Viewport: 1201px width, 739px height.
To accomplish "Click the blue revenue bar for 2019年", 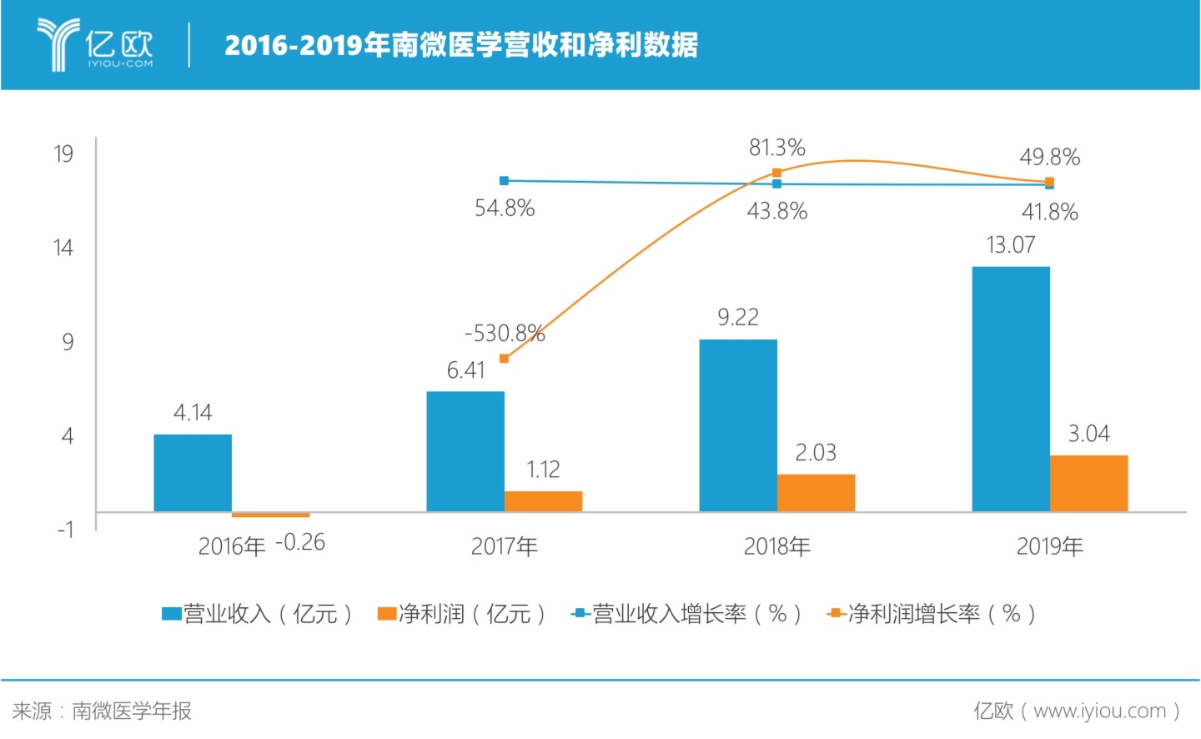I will click(x=1010, y=389).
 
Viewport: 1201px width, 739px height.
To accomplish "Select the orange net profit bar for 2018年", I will click(x=816, y=493).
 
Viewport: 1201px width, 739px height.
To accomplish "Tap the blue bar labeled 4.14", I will click(x=193, y=473).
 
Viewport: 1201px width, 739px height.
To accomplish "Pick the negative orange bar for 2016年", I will click(x=270, y=515).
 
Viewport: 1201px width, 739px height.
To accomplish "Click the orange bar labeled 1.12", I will click(x=543, y=501).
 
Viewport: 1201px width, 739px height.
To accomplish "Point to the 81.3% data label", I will click(x=776, y=148).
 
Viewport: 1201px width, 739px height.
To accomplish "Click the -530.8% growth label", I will click(x=504, y=334).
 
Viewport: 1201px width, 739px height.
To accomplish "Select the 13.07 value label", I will click(x=1010, y=245).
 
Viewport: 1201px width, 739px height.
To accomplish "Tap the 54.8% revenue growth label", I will click(x=504, y=208).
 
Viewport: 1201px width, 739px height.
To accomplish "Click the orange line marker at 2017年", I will click(x=504, y=359).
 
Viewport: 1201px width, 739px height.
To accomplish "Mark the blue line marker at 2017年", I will click(x=504, y=180).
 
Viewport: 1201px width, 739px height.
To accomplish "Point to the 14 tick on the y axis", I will click(x=63, y=248).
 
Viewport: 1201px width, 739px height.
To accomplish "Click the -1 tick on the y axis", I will click(x=65, y=530).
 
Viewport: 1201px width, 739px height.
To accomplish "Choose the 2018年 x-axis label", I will click(x=776, y=546).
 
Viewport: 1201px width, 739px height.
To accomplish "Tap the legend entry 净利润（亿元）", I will click(x=462, y=614).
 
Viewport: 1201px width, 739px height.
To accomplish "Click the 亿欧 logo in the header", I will click(x=95, y=44).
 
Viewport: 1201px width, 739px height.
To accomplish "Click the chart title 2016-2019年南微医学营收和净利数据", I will click(x=460, y=44).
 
